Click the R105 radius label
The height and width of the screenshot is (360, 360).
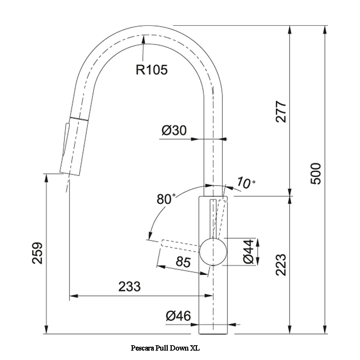152,69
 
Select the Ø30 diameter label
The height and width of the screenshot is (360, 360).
174,130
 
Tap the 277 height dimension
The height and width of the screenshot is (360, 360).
281,111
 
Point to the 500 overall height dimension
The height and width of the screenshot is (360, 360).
316,174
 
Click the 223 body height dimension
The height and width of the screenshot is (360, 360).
281,265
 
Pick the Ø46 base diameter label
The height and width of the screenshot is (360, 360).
178,316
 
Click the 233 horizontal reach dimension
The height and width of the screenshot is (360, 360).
130,287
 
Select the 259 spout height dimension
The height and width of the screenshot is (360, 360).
37,253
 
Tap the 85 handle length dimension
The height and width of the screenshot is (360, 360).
183,262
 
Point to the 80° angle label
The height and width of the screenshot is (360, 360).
166,199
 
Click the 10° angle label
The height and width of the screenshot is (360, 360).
246,183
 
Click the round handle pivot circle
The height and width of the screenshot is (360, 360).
213,252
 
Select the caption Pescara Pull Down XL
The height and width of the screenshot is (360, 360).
165,348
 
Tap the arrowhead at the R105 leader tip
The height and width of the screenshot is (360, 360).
144,39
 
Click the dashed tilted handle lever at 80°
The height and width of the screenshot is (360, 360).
180,246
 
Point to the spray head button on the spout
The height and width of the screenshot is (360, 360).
66,139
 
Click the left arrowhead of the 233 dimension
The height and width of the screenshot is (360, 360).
73,296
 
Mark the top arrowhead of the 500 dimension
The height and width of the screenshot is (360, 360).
325,30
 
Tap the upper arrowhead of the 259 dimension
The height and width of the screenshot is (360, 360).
46,178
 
